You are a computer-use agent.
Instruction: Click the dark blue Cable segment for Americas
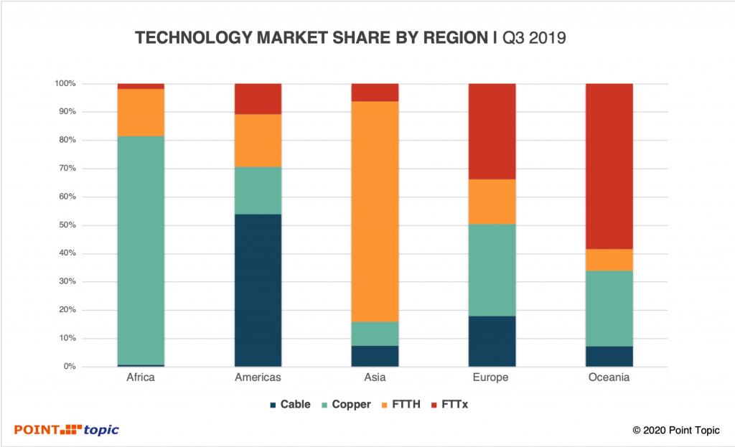258,290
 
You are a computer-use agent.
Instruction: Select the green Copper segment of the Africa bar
141,250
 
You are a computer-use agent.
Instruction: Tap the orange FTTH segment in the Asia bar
375,212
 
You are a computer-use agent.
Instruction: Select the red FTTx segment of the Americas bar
258,99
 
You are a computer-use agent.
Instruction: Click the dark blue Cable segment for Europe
492,341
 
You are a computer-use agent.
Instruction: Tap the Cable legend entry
290,405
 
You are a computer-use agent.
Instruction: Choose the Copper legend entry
345,405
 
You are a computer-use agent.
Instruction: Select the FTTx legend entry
454,405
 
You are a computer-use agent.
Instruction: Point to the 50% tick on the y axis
66,225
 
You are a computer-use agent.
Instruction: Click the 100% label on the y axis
65,84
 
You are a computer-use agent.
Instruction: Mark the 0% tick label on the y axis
68,367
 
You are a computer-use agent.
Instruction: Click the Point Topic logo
67,430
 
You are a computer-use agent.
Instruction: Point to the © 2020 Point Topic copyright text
675,430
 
